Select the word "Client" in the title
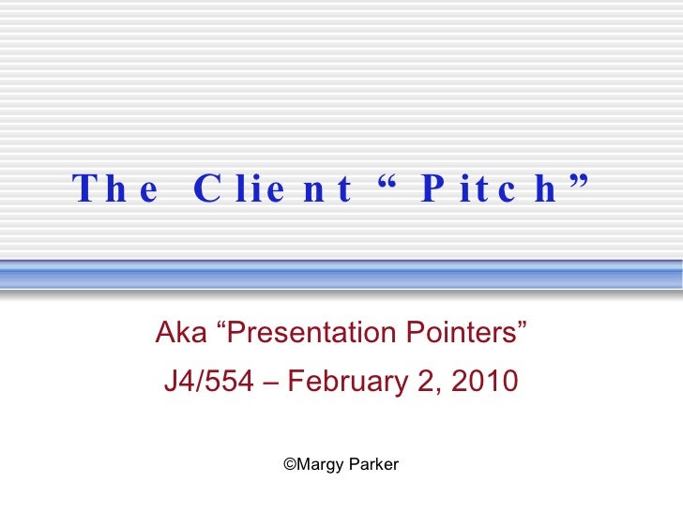coord(273,190)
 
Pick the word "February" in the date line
coord(350,383)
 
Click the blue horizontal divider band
coord(341,274)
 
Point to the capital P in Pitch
coord(433,190)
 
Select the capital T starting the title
coord(84,190)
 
